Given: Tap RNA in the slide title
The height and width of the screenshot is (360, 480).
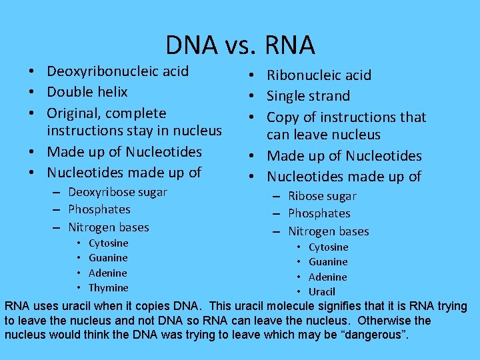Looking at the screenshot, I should [289, 45].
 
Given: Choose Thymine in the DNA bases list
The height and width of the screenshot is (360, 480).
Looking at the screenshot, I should [108, 288].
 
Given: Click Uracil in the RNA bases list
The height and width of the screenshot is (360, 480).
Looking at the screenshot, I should [322, 292].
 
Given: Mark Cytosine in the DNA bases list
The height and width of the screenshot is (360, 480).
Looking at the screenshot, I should [108, 243].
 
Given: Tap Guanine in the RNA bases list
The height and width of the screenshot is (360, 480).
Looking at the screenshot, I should [328, 262].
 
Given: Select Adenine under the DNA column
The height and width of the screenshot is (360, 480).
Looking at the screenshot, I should [107, 273].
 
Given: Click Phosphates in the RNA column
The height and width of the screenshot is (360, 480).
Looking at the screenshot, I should [319, 213].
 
